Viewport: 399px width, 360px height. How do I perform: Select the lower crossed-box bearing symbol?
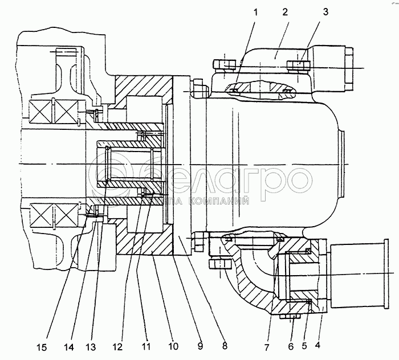52,215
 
